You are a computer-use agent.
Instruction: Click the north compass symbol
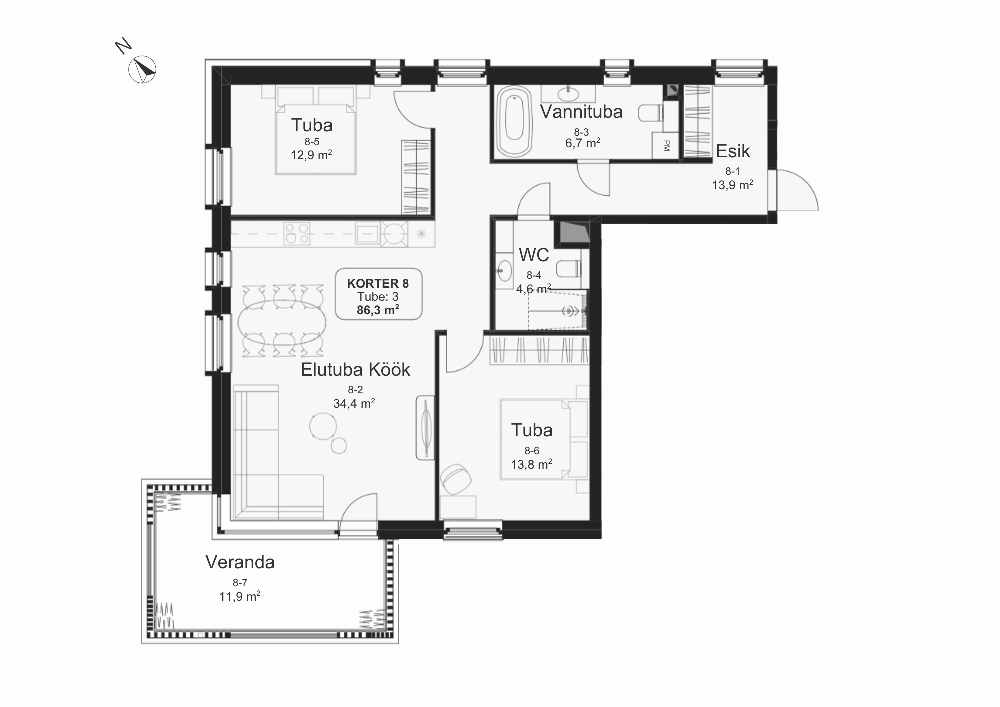[x=142, y=69]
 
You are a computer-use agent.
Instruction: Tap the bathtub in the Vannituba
[x=514, y=121]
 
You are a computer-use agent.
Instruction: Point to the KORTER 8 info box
[x=378, y=294]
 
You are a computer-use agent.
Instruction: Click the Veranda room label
[x=240, y=562]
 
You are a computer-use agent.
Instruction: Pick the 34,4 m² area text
[x=354, y=403]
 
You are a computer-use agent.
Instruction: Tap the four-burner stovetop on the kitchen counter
[x=296, y=234]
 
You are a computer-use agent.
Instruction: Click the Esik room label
[x=733, y=151]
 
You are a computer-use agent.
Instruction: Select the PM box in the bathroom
[x=666, y=146]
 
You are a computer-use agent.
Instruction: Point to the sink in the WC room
[x=504, y=270]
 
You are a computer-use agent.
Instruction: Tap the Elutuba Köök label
[x=355, y=370]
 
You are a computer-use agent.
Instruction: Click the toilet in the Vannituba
[x=651, y=113]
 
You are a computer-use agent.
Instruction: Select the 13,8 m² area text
[x=531, y=464]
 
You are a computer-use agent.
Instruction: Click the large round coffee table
[x=323, y=426]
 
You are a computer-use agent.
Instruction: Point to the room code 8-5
[x=312, y=142]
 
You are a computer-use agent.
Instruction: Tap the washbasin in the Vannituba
[x=568, y=93]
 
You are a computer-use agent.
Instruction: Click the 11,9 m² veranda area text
[x=240, y=596]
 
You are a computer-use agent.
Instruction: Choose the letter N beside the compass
[x=123, y=46]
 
